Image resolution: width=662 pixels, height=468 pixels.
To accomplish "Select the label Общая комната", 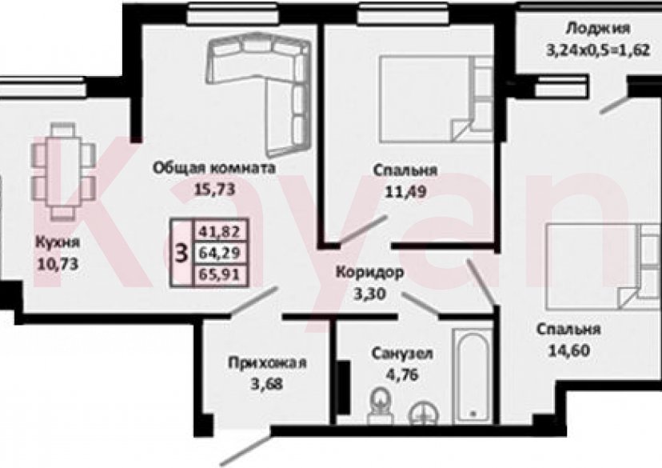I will click(213, 169).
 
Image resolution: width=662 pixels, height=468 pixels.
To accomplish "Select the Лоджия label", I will click(592, 29).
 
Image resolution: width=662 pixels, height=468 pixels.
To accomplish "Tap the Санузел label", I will click(402, 353).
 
